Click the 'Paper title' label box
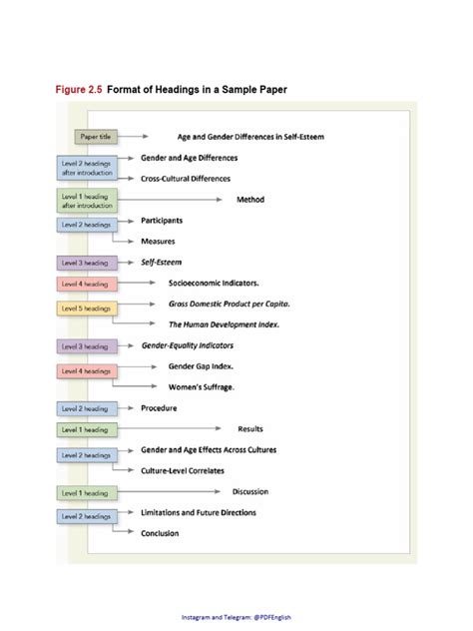[95, 137]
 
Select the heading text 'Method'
[250, 199]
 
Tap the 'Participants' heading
[162, 220]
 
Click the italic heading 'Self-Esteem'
[163, 262]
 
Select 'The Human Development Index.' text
[223, 324]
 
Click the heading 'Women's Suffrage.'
[208, 386]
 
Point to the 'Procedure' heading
[159, 407]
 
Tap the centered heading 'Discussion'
[250, 491]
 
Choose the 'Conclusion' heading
[160, 533]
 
